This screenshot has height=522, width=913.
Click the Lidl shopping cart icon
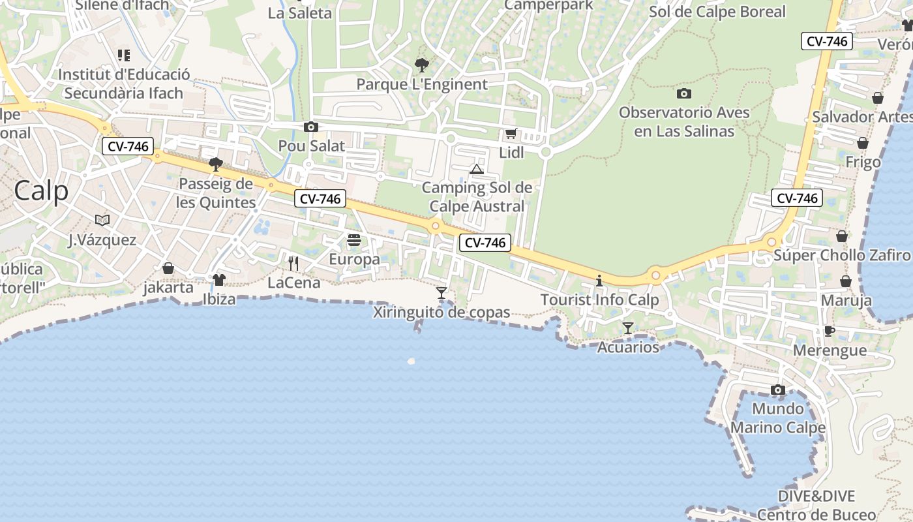(x=511, y=134)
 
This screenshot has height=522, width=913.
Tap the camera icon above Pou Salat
(x=311, y=127)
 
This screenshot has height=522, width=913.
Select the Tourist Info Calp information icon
(x=599, y=281)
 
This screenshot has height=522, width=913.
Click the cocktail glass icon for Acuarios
(x=627, y=328)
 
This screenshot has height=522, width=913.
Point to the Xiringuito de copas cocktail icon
(x=442, y=292)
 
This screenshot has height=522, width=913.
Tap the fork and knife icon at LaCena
(x=293, y=263)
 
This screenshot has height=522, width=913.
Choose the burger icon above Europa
(x=354, y=240)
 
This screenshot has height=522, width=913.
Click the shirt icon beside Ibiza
(x=218, y=279)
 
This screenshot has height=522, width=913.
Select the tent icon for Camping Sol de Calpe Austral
(x=477, y=170)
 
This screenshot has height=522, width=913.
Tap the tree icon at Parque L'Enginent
(x=422, y=65)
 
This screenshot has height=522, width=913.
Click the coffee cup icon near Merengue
(x=829, y=331)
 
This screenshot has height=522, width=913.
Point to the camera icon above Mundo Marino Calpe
(x=777, y=390)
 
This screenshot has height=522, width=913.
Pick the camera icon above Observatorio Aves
(x=683, y=93)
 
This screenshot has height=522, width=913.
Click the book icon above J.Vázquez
(x=102, y=220)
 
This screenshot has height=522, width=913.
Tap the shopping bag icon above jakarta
(x=168, y=268)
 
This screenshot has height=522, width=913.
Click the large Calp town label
(x=40, y=191)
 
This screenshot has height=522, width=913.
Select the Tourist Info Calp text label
(x=599, y=301)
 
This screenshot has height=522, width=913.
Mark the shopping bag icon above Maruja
(x=846, y=281)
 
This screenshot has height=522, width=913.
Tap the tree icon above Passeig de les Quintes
(x=216, y=164)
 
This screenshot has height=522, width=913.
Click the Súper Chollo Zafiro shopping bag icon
(x=842, y=236)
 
